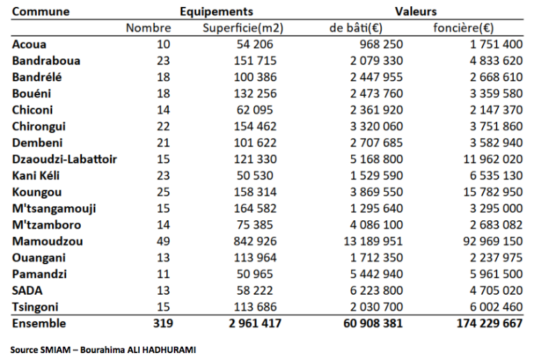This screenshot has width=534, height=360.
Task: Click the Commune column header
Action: click(41, 12)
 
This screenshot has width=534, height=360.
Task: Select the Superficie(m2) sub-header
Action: click(243, 28)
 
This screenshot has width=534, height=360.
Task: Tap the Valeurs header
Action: click(416, 12)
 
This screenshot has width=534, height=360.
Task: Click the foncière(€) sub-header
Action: click(463, 28)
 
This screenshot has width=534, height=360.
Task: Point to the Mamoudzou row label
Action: click(47, 241)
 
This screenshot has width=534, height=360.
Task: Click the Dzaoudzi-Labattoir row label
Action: click(65, 159)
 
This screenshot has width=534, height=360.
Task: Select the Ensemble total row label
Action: click(39, 323)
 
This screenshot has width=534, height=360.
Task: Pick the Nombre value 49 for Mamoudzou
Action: click(163, 241)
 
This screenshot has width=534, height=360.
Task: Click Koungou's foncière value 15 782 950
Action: click(493, 193)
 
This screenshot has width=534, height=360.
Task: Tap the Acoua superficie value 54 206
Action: click(255, 44)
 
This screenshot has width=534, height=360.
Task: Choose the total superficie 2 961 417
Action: click(255, 323)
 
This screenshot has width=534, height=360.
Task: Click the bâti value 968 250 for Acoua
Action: click(381, 44)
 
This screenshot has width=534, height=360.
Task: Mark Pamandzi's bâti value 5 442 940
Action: click(376, 275)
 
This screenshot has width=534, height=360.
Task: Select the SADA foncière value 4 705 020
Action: click(496, 291)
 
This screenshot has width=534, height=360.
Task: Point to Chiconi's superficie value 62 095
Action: click(255, 111)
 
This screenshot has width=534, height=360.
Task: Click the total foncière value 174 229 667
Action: click(489, 323)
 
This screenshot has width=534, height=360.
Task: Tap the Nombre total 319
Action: click(163, 323)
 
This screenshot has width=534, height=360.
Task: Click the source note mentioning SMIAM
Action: click(103, 350)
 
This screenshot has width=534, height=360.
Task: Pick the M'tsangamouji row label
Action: click(54, 208)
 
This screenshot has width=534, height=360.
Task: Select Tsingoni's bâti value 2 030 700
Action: click(376, 307)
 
